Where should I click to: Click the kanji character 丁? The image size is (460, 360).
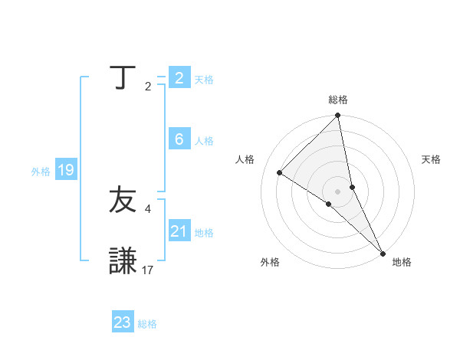(x=123, y=78)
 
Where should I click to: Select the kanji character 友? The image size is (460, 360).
(x=123, y=201)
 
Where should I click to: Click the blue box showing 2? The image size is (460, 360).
(x=179, y=78)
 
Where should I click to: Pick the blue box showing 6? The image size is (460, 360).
(x=179, y=139)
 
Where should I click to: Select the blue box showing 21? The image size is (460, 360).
(x=179, y=231)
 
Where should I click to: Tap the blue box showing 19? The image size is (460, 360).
(x=66, y=170)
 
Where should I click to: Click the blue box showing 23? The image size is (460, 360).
(x=123, y=322)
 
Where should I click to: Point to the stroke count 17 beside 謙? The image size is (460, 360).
(x=148, y=270)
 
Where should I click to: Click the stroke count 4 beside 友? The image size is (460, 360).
(x=148, y=208)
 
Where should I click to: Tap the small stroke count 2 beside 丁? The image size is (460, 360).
(x=148, y=86)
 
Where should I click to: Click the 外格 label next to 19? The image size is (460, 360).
(x=41, y=172)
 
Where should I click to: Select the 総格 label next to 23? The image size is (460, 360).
(x=147, y=324)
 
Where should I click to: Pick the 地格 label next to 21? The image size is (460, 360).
(x=204, y=233)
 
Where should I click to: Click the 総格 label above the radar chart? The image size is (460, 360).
(x=338, y=100)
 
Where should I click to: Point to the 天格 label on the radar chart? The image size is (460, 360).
(x=431, y=159)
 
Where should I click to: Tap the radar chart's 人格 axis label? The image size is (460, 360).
(x=245, y=159)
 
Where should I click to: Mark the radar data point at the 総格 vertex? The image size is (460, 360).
(x=338, y=116)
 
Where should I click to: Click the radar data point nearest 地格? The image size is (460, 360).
(x=383, y=252)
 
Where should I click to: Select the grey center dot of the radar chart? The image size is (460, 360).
(x=338, y=191)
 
